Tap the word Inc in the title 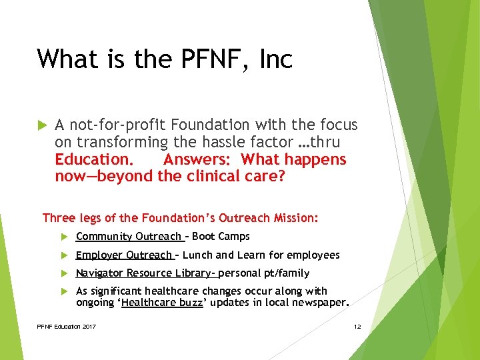pyautogui.click(x=276, y=59)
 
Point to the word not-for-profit pyautogui.click(x=117, y=125)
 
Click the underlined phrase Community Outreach pyautogui.click(x=129, y=237)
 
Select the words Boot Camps pyautogui.click(x=221, y=237)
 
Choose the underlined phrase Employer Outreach pyautogui.click(x=124, y=255)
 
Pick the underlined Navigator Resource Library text pyautogui.click(x=145, y=273)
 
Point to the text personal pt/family pyautogui.click(x=264, y=273)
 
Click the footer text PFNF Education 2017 pyautogui.click(x=67, y=326)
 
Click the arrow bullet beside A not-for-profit pyautogui.click(x=41, y=125)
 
